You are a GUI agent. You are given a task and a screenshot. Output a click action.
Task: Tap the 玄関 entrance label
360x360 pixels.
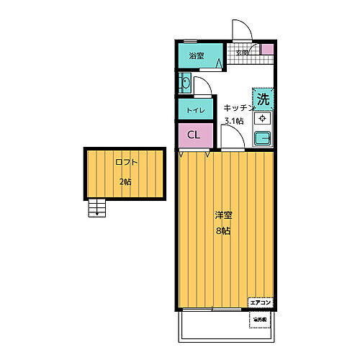242,53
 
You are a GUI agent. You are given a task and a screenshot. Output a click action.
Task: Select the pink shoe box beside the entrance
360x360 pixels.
267,50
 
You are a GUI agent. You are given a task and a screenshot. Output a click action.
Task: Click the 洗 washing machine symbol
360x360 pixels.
264,98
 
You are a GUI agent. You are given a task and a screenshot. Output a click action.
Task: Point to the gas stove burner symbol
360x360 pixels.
264,118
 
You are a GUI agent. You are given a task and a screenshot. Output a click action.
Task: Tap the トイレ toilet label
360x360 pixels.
195,110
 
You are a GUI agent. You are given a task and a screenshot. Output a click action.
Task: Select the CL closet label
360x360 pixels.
194,135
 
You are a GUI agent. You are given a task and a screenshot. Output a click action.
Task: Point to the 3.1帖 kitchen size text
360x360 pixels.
234,121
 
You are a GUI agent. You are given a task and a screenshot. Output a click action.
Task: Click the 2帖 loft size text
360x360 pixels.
125,181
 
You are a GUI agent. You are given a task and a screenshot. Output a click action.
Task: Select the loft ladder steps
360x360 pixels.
96,208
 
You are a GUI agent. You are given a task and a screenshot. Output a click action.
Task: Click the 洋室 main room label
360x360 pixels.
223,215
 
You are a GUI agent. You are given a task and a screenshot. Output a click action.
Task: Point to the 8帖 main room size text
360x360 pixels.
223,231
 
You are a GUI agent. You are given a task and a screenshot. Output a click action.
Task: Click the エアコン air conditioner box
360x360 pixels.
260,303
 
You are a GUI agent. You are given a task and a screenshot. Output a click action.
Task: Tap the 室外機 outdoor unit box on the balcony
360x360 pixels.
260,318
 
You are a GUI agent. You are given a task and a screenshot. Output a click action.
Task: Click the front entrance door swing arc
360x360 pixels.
241,30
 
